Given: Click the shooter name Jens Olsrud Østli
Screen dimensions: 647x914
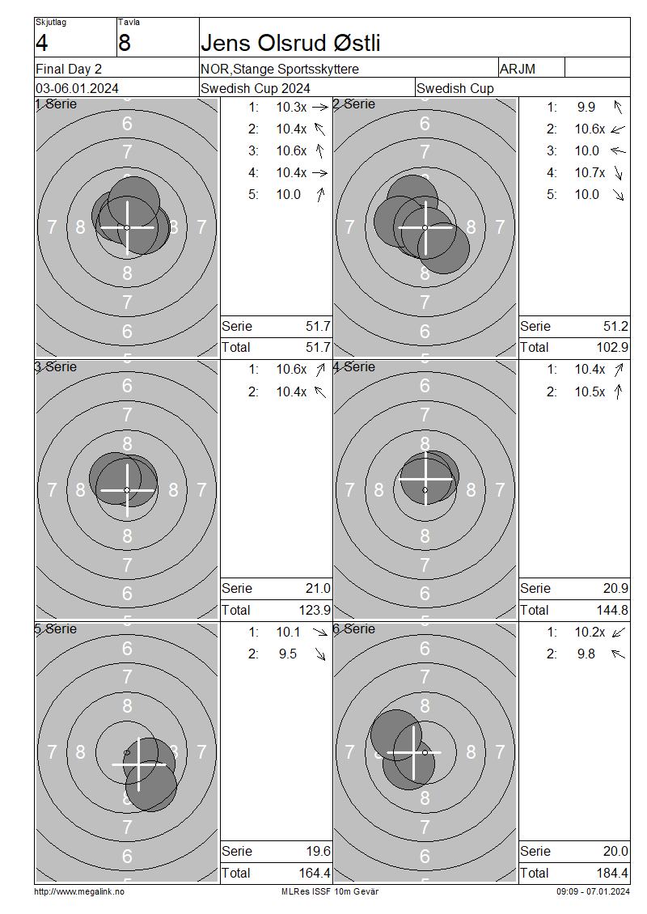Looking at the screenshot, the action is [290, 43].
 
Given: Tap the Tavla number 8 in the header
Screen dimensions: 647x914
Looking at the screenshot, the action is [125, 43].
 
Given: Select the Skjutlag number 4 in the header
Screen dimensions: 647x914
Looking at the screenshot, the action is [41, 43].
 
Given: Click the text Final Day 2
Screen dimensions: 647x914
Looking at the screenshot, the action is [69, 69].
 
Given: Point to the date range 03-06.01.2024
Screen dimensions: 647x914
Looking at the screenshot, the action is [77, 89].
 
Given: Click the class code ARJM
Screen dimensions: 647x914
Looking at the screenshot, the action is [517, 69].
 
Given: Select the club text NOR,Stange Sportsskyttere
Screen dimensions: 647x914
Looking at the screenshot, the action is [280, 69].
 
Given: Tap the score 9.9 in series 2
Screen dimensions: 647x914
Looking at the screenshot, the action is [586, 108].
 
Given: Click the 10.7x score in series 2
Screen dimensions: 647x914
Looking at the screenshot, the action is [590, 172].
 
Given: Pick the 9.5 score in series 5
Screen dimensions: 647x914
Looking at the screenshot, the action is [287, 654].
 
